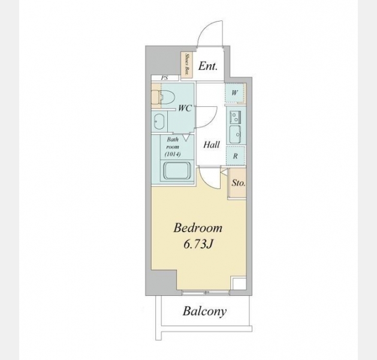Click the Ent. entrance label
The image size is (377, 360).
[x=208, y=66]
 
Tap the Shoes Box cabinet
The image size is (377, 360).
[x=187, y=65]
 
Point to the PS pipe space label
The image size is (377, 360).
[x=164, y=78]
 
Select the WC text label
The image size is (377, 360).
[x=185, y=109]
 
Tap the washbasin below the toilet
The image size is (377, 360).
[x=159, y=122]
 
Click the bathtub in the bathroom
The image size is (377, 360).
[x=177, y=170]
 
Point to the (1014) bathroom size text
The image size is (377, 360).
[x=173, y=154]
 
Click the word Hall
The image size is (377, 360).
[x=212, y=145]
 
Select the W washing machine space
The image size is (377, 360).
[x=235, y=92]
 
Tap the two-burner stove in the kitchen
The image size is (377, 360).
[x=236, y=117]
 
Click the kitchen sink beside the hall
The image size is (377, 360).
[x=235, y=134]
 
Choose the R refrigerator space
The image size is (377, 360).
[x=236, y=155]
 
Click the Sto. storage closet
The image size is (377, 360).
[x=238, y=184]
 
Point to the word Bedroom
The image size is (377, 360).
[x=198, y=228]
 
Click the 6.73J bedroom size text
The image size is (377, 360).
[x=198, y=244]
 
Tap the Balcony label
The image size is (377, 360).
[x=204, y=311]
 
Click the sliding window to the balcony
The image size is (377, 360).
[x=206, y=292]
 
